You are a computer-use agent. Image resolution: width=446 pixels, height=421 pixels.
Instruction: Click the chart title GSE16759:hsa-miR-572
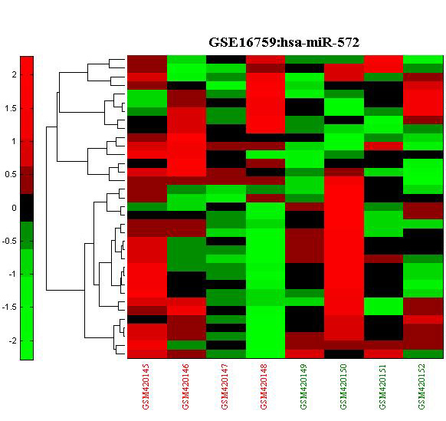tap(284, 43)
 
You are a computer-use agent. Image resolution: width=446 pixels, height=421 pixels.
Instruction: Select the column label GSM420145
tap(146, 386)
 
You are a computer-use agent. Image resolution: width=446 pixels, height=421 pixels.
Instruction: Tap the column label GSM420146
tap(185, 386)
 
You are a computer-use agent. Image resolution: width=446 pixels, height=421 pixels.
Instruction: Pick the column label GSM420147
tap(225, 386)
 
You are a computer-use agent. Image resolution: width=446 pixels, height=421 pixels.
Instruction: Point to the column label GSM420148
tap(264, 386)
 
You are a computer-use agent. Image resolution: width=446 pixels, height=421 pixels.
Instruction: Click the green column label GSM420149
tap(303, 386)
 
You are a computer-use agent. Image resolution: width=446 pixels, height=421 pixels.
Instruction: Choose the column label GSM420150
tap(343, 386)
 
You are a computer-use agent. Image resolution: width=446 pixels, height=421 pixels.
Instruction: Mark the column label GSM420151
tap(382, 386)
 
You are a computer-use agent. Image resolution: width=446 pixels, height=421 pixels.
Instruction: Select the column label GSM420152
tap(421, 386)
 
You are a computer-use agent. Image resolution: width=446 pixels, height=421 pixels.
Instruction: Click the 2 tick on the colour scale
tap(15, 74)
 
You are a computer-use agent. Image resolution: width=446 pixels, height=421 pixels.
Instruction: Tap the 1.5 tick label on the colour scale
tap(11, 108)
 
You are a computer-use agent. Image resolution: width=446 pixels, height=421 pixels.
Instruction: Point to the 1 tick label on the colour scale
tap(14, 141)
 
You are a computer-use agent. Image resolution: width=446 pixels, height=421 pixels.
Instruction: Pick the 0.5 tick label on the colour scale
tap(11, 174)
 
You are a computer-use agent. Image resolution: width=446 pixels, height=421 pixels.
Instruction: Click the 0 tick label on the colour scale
tap(15, 208)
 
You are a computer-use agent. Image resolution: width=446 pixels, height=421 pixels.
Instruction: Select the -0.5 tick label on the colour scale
tap(9, 241)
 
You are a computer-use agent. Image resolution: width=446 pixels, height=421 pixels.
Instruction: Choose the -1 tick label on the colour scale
tap(12, 274)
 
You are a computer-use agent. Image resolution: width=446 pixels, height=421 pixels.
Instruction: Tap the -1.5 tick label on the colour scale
tap(9, 308)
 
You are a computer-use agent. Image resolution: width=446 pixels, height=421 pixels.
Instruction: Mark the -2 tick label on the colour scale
tap(12, 340)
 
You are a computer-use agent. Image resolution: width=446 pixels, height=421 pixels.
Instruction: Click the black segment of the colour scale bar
tap(27, 208)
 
